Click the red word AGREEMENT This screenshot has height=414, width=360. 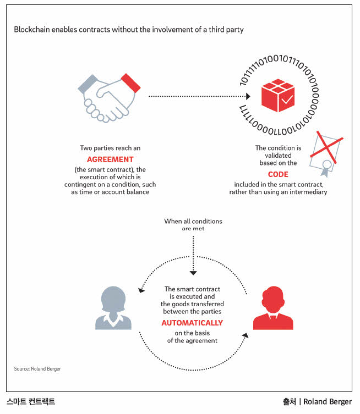click(x=110, y=159)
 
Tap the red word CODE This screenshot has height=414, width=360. click(x=278, y=174)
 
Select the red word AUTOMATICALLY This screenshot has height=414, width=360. click(x=192, y=323)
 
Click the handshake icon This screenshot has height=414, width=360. click(x=109, y=98)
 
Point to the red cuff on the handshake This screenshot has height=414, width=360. click(x=130, y=83)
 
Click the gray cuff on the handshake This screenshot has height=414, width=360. click(x=88, y=84)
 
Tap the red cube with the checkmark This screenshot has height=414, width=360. click(x=278, y=95)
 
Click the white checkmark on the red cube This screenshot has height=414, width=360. click(x=287, y=100)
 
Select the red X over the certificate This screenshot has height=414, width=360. click(x=326, y=147)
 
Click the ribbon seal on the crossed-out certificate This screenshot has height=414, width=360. click(x=326, y=168)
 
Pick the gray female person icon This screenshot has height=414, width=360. click(x=113, y=308)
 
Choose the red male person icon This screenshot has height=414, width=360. click(x=273, y=308)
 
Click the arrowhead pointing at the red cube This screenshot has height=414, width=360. click(x=248, y=96)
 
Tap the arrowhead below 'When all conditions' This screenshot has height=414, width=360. click(x=193, y=273)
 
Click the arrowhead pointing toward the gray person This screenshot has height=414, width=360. click(x=141, y=290)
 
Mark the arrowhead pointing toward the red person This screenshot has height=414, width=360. click(x=246, y=335)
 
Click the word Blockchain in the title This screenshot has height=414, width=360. click(x=32, y=29)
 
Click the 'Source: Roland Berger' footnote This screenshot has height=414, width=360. click(x=37, y=368)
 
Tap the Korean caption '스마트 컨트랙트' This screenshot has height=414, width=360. click(x=31, y=401)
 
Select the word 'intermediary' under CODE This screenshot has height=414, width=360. click(x=308, y=192)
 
